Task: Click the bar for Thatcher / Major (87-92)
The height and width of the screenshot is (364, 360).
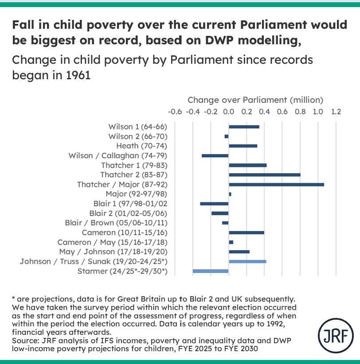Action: [276, 184]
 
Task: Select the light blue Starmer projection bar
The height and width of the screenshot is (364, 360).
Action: [211, 271]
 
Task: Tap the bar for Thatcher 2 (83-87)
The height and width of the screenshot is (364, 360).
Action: [264, 174]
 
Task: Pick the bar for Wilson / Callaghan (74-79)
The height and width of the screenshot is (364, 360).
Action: [215, 155]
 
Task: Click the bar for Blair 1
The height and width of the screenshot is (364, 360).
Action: [214, 203]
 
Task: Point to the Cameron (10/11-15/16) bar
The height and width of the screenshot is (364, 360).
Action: [246, 232]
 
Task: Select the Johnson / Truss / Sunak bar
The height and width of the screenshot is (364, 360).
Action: [247, 261]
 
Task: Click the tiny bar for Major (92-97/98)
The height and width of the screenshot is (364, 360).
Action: [230, 194]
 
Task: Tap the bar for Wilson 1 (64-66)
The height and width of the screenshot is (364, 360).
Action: [244, 127]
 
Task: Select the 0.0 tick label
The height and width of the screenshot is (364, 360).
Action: [229, 112]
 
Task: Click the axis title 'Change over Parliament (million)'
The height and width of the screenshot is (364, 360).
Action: [255, 100]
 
